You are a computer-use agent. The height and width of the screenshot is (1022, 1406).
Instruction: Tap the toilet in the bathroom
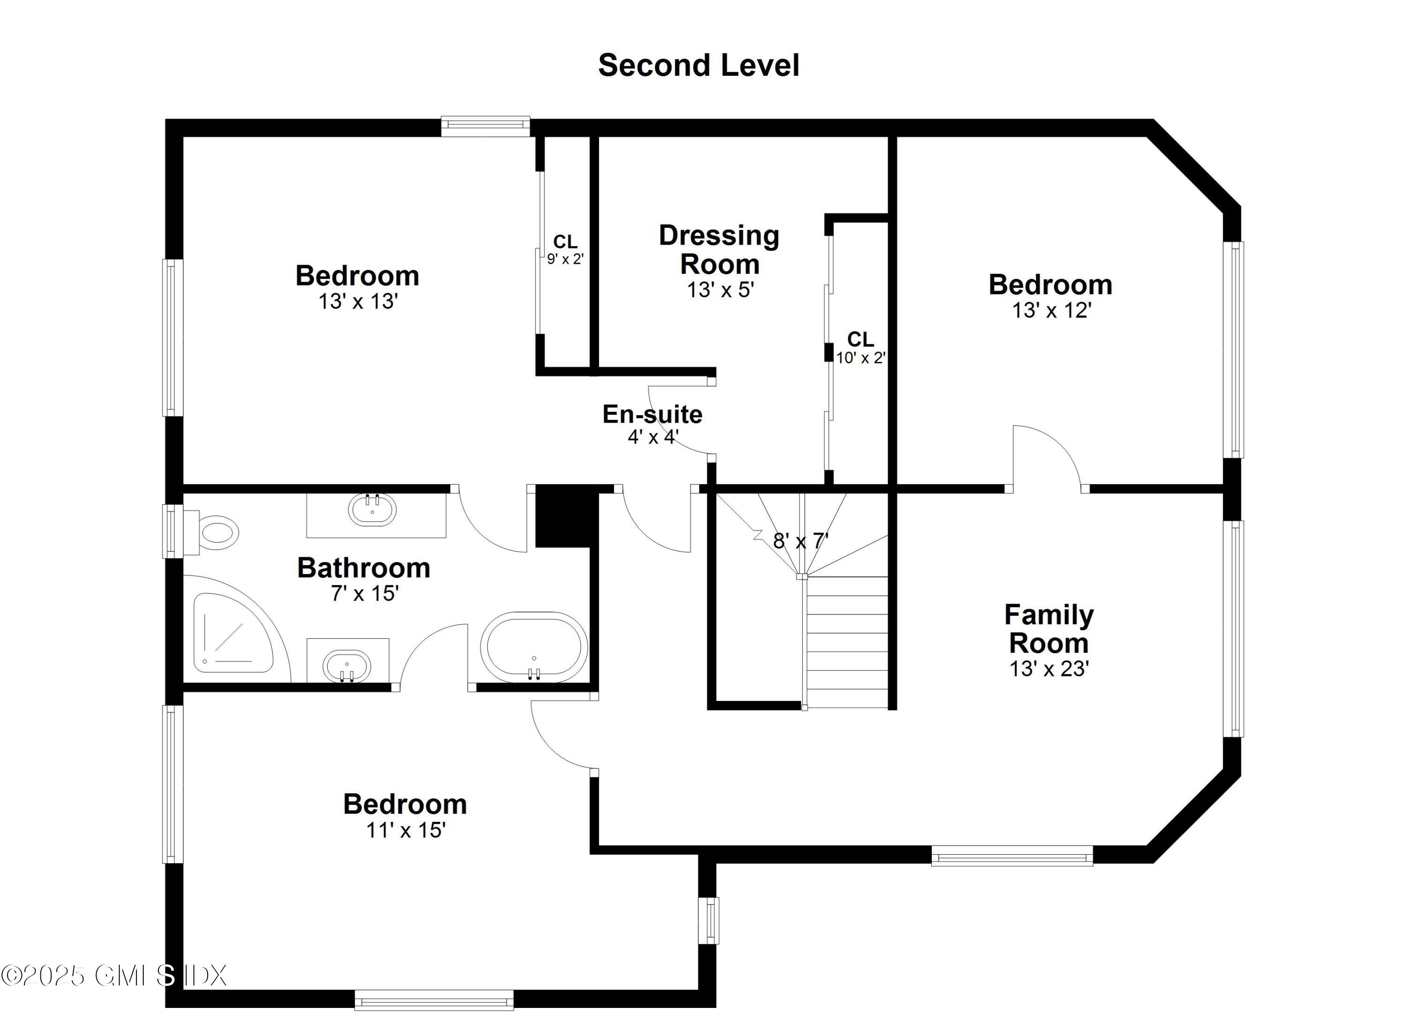216,532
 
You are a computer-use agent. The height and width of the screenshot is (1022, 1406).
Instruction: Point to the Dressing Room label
719,250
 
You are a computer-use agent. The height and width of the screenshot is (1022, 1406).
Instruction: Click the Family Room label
1048,629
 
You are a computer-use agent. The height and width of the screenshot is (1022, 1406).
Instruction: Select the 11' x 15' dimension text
405,830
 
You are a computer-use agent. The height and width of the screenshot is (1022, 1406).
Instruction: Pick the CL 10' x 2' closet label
860,348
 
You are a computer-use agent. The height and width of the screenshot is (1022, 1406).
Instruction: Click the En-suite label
652,414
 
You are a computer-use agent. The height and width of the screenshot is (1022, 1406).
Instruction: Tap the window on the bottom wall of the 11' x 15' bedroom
434,1000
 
